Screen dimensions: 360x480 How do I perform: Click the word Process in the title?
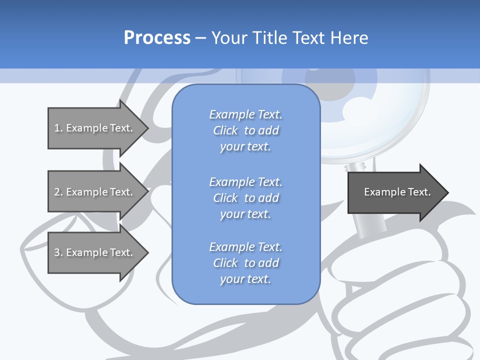point(157,38)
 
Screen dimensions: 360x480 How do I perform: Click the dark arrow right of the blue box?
point(395,192)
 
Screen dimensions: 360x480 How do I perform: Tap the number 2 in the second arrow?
point(57,192)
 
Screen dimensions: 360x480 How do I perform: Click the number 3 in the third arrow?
point(57,252)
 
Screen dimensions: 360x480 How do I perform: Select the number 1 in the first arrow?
point(57,128)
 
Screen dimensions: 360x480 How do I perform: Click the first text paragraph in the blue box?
point(245,130)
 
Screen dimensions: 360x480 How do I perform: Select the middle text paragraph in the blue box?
point(245,197)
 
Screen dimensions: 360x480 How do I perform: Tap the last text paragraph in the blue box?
point(245,263)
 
